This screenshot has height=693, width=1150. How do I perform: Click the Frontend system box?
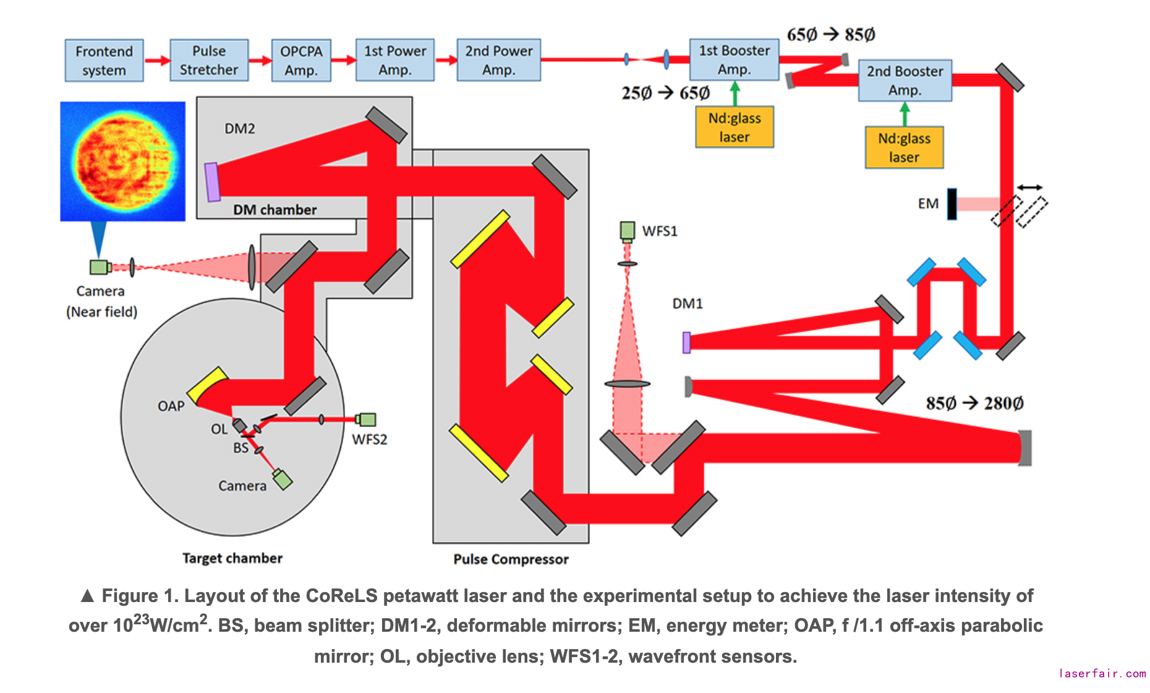104,61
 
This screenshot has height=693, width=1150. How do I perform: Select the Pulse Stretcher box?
209,60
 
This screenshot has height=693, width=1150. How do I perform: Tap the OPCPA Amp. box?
301,61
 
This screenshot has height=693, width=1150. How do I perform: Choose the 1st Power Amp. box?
395,60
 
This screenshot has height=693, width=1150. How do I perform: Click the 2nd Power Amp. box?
498,60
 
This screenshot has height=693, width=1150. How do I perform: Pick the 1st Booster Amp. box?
734,59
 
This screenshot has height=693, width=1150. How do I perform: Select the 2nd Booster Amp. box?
905,80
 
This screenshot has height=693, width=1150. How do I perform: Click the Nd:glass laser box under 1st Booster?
735,127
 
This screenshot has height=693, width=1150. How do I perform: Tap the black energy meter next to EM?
952,204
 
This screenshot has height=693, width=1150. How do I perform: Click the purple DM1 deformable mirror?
686,343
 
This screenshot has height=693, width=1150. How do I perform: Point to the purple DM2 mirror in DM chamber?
212,182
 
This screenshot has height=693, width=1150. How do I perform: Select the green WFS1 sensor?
628,231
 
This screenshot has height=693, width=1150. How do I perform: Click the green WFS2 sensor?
367,420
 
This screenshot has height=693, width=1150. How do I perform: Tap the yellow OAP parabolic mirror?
207,385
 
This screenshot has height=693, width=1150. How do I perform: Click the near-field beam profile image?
122,161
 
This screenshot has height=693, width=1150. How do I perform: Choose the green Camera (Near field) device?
99,267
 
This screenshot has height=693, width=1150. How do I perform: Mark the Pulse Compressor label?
511,559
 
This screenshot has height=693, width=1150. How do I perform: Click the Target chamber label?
232,558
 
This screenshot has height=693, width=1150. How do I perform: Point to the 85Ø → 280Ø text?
974,403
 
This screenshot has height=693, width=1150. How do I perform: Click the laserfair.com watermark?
1102,673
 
